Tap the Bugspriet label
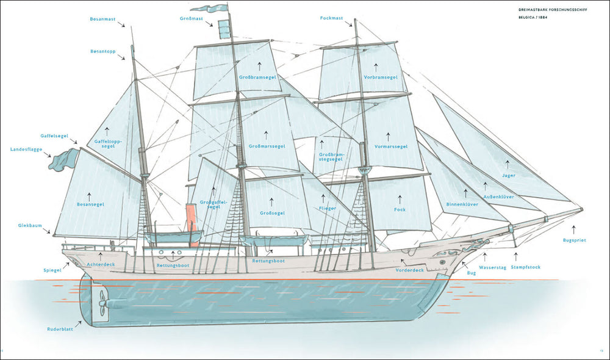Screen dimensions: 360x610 [574, 240]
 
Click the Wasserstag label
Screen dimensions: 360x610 [492, 267]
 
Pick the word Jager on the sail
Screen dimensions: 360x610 [509, 176]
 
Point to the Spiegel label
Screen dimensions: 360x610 [52, 269]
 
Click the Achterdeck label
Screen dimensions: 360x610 [101, 264]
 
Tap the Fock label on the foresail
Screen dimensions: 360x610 [400, 210]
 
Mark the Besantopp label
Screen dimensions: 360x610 [102, 51]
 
